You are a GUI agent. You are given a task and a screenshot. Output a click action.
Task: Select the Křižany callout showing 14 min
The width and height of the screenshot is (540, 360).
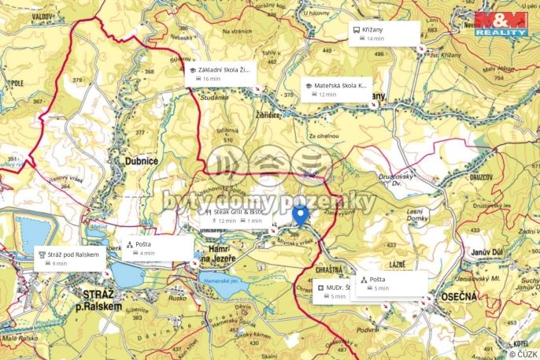[x=383, y=32]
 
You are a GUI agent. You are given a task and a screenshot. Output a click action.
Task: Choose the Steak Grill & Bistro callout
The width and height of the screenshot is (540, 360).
[x=233, y=216]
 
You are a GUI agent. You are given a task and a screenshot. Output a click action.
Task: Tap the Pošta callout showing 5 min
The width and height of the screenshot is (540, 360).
[x=392, y=284]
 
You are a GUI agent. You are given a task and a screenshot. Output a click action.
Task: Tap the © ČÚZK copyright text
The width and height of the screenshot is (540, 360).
[x=523, y=354]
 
